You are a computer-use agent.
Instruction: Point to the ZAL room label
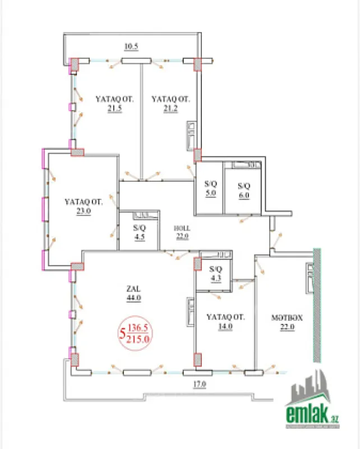133,290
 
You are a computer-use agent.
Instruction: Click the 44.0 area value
133,299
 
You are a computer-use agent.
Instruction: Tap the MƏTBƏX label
287,317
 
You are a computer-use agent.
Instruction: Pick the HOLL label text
182,228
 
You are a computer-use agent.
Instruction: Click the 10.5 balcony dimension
131,47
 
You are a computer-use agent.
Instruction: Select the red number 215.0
139,338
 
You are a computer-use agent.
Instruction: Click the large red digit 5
122,333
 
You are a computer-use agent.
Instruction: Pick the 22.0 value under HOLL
182,236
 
